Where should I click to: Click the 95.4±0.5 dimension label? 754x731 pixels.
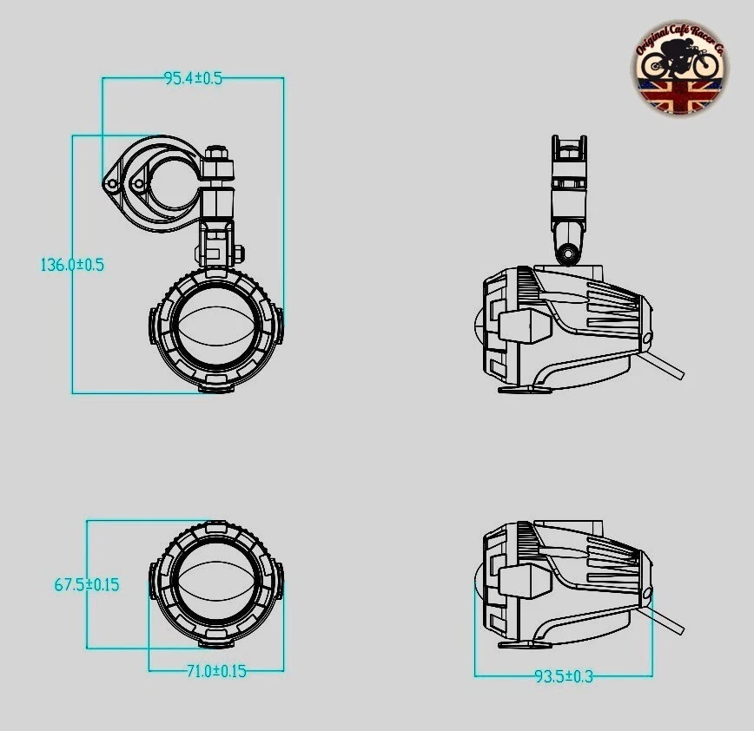(x=193, y=78)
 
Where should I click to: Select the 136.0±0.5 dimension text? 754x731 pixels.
(x=72, y=265)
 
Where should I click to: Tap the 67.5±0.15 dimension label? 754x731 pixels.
(x=87, y=584)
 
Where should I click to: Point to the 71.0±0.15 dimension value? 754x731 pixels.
(x=215, y=671)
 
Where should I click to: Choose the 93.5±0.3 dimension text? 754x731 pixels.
(x=563, y=676)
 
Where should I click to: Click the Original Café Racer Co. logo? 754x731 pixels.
(x=679, y=69)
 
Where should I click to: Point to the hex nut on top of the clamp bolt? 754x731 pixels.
(x=218, y=156)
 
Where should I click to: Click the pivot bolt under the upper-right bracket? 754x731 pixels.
(x=569, y=254)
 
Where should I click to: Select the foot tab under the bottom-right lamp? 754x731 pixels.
(x=525, y=644)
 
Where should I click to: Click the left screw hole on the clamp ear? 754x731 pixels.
(x=111, y=184)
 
